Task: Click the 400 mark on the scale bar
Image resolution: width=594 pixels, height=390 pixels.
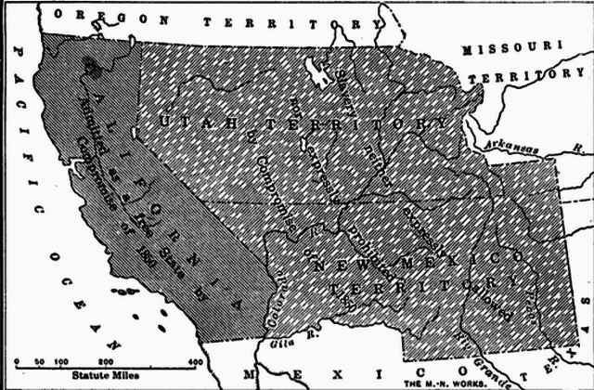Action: (196, 360)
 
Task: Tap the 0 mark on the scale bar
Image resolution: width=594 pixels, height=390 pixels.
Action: (17, 360)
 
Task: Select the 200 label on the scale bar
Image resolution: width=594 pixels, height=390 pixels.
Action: (106, 360)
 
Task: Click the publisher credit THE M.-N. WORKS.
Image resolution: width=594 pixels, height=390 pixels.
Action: (441, 382)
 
